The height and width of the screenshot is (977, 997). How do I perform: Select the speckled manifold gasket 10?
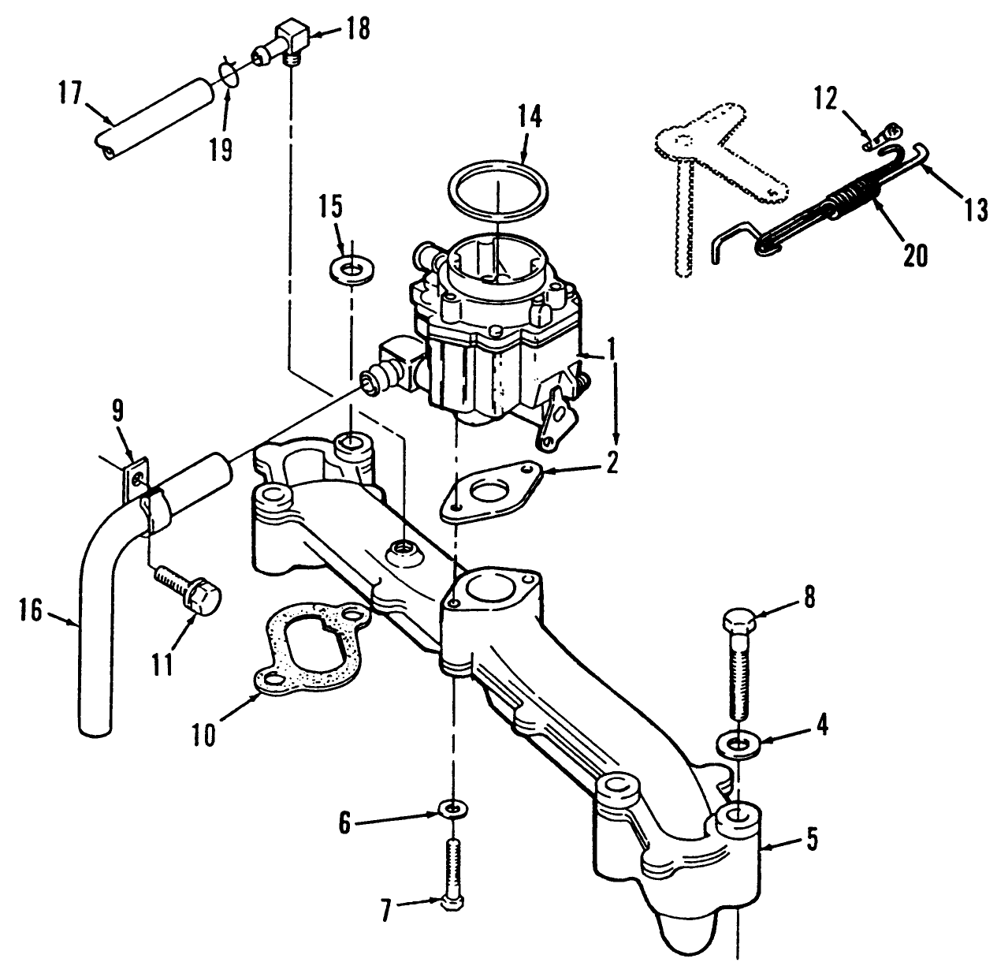click(308, 643)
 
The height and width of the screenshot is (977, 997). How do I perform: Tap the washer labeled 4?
click(738, 743)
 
